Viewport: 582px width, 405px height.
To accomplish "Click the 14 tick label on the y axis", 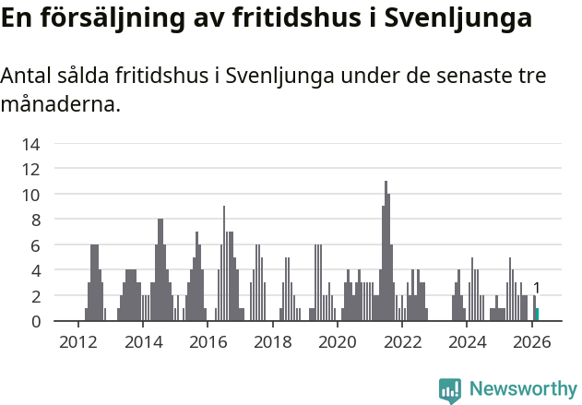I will click(x=31, y=144).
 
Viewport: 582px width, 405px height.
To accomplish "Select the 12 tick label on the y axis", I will click(x=31, y=169).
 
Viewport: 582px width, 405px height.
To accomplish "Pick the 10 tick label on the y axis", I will click(x=31, y=195).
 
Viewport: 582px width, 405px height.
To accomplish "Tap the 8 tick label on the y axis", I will click(x=35, y=220).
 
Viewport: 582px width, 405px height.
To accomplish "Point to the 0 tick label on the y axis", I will click(x=35, y=321).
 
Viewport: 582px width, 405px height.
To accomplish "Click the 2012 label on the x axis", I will click(x=78, y=341).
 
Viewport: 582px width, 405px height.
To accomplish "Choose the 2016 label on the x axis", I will click(x=208, y=341).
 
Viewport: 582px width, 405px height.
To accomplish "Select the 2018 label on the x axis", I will click(x=272, y=341).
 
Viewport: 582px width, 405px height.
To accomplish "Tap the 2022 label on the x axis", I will click(x=402, y=341).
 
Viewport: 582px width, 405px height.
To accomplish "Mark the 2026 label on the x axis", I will click(x=532, y=341).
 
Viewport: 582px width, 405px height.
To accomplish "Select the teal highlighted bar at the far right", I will click(x=537, y=315).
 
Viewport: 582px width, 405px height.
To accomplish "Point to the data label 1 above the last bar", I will click(x=537, y=288).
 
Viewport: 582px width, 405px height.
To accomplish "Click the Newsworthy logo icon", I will click(x=450, y=389).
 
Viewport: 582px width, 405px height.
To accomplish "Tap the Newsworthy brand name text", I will click(x=522, y=389).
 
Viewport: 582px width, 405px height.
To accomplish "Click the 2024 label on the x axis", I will click(x=467, y=341).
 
